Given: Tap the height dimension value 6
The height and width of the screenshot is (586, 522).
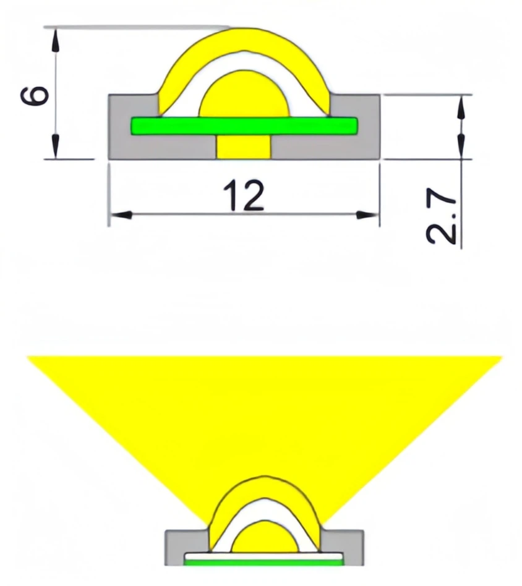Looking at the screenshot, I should [36, 95].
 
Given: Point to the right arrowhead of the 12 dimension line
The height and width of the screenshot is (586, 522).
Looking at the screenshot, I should [369, 215].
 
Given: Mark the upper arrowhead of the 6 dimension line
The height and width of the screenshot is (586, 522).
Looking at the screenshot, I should [56, 38].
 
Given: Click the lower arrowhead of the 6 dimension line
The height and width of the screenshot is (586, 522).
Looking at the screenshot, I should [56, 148].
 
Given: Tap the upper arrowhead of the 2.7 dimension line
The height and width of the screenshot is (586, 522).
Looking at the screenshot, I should [461, 106].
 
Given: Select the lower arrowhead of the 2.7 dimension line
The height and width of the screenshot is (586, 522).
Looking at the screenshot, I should [461, 147].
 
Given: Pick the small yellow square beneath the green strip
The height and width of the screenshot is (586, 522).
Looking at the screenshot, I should [244, 148].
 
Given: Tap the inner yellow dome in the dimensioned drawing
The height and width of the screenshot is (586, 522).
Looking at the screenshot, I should [244, 96].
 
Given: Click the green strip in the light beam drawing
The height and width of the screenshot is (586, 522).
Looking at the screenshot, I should [263, 563].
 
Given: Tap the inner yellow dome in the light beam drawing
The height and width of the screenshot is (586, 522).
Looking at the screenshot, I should [263, 538].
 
